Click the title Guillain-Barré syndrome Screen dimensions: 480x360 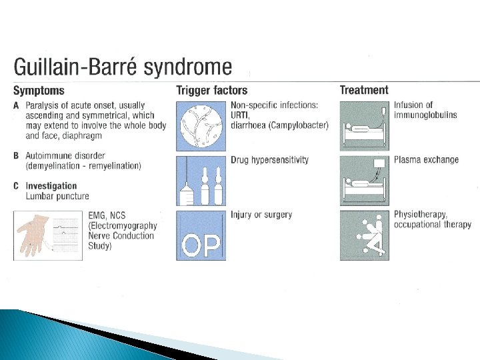pyautogui.click(x=123, y=68)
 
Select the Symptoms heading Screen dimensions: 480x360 pyautogui.click(x=39, y=91)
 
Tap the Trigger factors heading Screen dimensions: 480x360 pyautogui.click(x=211, y=91)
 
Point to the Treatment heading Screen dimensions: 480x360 pyautogui.click(x=363, y=90)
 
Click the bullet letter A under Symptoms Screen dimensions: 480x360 pyautogui.click(x=16, y=105)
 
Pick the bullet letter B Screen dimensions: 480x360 pyautogui.click(x=16, y=156)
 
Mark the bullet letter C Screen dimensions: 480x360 pyautogui.click(x=16, y=186)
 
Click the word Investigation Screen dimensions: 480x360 pyautogui.click(x=51, y=186)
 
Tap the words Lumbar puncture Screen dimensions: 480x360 pyautogui.click(x=57, y=196)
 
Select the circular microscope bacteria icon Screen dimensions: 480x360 pyautogui.click(x=201, y=125)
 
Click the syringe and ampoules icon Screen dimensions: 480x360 pyautogui.click(x=201, y=181)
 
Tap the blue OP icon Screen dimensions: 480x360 pyautogui.click(x=201, y=235)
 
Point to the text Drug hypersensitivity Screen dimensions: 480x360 pyautogui.click(x=269, y=160)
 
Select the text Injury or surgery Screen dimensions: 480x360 pyautogui.click(x=261, y=215)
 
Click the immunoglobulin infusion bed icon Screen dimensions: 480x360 pyautogui.click(x=364, y=125)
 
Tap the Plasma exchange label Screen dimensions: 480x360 pyautogui.click(x=426, y=160)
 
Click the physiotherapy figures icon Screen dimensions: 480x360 pyautogui.click(x=364, y=235)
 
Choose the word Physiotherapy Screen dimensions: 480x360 pyautogui.click(x=420, y=215)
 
